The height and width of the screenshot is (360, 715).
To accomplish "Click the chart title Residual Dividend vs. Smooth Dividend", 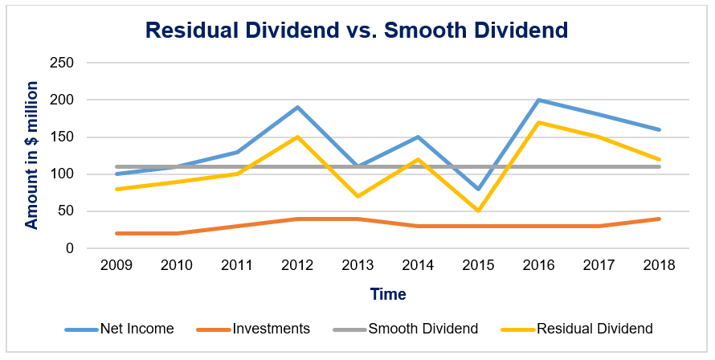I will (x=357, y=31).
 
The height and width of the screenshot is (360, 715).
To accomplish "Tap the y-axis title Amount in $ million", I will (x=31, y=155).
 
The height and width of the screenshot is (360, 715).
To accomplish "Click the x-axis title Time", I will (x=388, y=294).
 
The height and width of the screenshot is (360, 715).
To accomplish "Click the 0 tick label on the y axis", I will (x=69, y=249).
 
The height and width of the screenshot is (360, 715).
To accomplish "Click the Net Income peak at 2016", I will (x=538, y=100).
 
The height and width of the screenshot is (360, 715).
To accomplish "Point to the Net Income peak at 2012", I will (x=297, y=107).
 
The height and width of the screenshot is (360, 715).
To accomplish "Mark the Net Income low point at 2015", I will (x=478, y=189).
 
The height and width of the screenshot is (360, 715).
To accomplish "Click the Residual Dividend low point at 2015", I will (x=478, y=211).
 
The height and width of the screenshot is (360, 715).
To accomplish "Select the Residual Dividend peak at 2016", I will (x=538, y=122).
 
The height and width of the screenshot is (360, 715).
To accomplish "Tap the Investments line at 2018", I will (x=659, y=219).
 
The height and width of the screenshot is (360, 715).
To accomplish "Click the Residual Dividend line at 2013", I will (x=357, y=196).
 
